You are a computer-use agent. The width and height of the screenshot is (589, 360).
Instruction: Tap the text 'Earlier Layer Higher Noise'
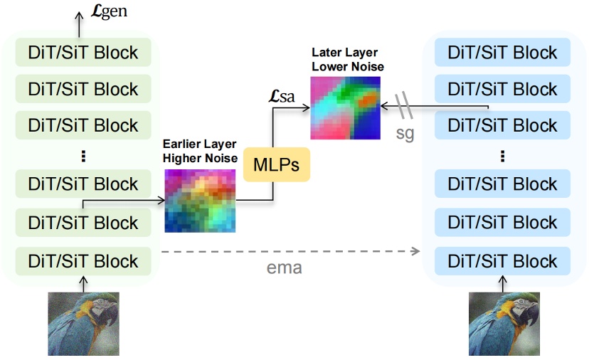tap(199, 151)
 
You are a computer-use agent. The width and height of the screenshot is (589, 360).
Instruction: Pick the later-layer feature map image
tap(344, 107)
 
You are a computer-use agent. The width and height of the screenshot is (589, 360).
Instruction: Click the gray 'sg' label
tap(405, 132)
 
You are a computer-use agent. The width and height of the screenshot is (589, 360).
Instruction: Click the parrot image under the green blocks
tap(83, 324)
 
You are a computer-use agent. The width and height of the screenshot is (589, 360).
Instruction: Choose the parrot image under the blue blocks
tap(503, 324)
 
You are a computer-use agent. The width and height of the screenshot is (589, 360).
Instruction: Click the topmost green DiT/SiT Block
tap(83, 52)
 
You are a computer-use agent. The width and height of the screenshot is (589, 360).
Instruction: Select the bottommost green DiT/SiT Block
tap(83, 260)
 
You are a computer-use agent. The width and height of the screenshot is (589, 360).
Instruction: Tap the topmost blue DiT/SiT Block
tap(503, 52)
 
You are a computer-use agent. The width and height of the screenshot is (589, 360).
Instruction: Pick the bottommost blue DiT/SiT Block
tap(503, 260)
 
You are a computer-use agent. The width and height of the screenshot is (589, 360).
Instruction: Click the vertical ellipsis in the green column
tap(83, 155)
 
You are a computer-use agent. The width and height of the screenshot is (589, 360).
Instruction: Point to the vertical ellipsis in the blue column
tap(503, 155)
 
